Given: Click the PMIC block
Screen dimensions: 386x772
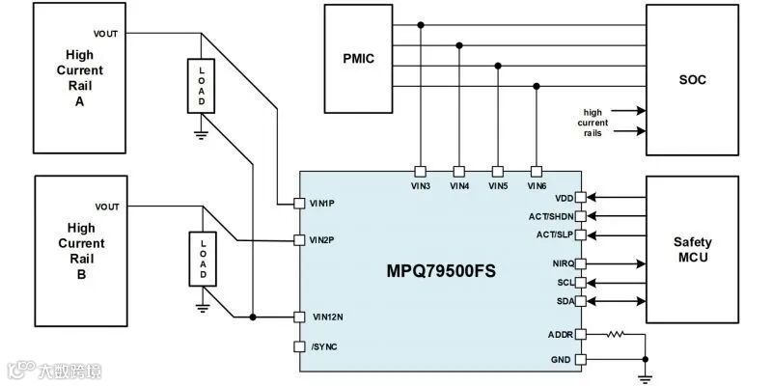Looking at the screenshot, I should click(359, 58).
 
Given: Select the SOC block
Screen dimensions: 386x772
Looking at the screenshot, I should click(692, 79).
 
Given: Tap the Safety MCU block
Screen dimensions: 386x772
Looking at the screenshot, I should click(692, 249).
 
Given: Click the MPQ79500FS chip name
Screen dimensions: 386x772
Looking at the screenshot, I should click(441, 271).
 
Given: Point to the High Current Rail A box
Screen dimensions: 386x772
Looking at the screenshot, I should click(80, 78).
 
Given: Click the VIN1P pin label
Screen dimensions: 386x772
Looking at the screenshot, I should click(323, 204).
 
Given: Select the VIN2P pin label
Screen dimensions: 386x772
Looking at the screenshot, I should click(323, 239).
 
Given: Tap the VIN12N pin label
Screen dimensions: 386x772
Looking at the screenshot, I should click(326, 317).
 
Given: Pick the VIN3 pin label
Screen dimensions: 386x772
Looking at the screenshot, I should click(420, 185).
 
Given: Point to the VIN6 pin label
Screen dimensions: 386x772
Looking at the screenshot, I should click(538, 185).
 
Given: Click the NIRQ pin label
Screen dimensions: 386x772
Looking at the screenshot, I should click(565, 263).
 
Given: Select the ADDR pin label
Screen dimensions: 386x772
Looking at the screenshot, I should click(561, 335).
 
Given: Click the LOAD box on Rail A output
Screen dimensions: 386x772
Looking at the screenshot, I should click(203, 87).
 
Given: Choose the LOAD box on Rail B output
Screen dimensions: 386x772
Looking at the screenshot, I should click(203, 260).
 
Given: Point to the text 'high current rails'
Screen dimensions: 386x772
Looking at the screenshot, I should click(593, 123).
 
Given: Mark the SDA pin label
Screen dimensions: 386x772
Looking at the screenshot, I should click(566, 302).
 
